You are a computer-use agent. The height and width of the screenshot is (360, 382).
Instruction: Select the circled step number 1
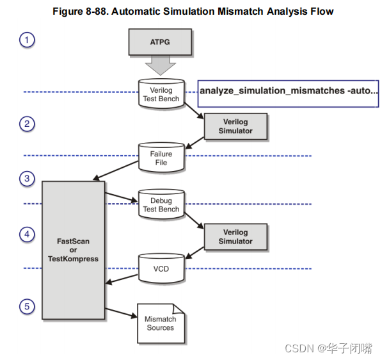tap(27, 40)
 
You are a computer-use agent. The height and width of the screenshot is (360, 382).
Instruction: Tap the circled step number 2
tap(27, 124)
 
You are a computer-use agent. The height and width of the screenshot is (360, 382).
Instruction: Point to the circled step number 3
tap(27, 179)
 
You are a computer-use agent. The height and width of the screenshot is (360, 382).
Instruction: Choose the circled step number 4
tap(27, 234)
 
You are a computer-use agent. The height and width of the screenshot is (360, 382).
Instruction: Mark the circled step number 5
tap(27, 307)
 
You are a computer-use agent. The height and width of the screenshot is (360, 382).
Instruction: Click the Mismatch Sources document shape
tap(160, 322)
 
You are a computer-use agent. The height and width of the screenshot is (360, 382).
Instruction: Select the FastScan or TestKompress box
tap(73, 250)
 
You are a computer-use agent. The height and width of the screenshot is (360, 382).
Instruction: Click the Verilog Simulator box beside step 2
tap(235, 126)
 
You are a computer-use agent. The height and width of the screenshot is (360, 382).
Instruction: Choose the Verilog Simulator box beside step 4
tap(235, 236)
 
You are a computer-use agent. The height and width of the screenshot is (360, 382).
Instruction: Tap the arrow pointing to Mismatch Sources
tap(122, 313)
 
